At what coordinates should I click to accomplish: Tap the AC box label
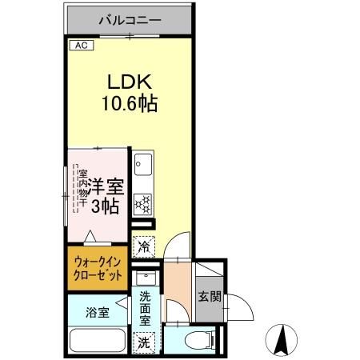[80, 46]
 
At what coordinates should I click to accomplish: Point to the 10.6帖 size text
[130, 102]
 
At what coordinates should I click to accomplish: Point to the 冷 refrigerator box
[145, 246]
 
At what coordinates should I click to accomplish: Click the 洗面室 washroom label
[145, 307]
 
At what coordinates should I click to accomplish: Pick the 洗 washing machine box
[144, 342]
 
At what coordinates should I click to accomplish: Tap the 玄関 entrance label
[207, 297]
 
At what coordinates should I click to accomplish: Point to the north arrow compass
[282, 340]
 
